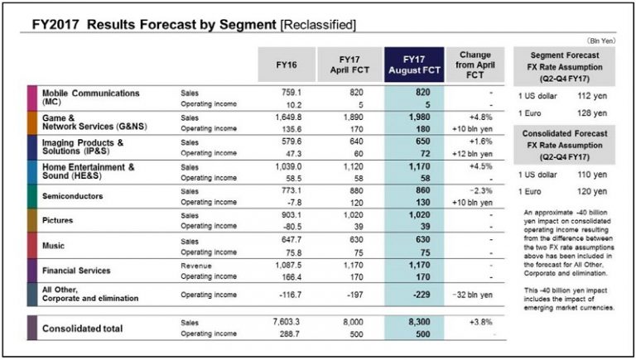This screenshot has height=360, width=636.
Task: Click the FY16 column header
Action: (288, 65)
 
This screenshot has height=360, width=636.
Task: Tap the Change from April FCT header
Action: (476, 65)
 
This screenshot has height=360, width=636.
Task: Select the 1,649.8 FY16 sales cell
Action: (290, 118)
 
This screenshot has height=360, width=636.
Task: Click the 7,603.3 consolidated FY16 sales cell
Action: (290, 323)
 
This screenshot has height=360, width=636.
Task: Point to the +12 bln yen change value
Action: (476, 154)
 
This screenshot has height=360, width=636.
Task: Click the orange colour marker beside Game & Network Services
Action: (31, 123)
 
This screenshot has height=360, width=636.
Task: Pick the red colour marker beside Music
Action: (31, 245)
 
